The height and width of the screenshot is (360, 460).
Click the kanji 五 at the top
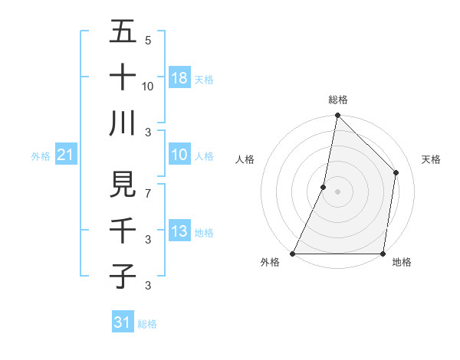click(x=123, y=32)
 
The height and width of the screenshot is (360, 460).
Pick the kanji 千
click(x=123, y=231)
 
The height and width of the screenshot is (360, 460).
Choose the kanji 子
click(x=123, y=276)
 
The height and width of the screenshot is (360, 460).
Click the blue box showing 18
click(x=179, y=77)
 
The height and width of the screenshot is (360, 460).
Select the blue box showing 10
click(x=179, y=155)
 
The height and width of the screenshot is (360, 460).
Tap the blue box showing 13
click(x=179, y=231)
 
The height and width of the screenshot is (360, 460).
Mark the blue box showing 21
click(x=66, y=155)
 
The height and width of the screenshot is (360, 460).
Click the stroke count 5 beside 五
click(x=148, y=41)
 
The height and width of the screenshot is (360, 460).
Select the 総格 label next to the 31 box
click(x=147, y=324)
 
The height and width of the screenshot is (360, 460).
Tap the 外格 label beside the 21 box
click(x=41, y=156)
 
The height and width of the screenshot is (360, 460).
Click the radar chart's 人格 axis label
click(x=245, y=159)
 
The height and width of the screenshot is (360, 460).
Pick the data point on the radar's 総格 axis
click(x=337, y=116)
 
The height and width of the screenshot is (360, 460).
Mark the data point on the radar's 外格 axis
click(x=293, y=254)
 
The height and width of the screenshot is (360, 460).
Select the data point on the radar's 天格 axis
click(x=396, y=172)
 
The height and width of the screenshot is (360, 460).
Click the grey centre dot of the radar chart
click(x=337, y=191)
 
